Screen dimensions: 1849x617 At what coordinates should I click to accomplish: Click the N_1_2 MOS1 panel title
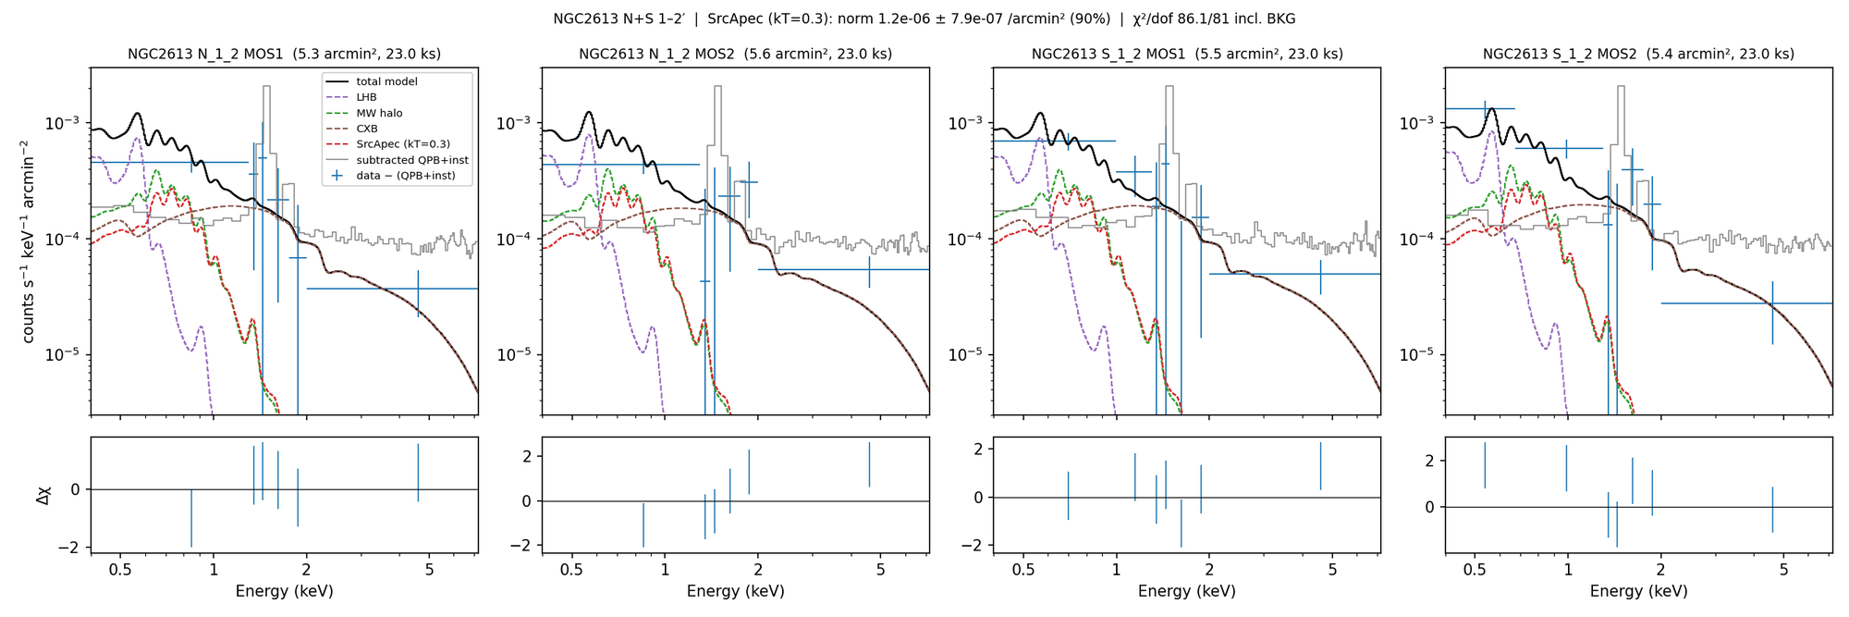[x=284, y=55]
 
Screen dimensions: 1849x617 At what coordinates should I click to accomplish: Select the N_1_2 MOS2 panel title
[x=736, y=55]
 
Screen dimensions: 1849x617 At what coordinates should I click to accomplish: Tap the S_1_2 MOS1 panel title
[x=1187, y=55]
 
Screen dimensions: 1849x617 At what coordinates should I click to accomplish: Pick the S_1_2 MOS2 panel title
[x=1638, y=55]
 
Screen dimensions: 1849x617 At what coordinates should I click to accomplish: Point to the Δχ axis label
[x=43, y=496]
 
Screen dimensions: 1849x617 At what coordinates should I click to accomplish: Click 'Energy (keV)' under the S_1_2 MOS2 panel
[x=1638, y=591]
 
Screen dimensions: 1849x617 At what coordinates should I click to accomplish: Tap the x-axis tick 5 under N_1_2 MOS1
[x=429, y=570]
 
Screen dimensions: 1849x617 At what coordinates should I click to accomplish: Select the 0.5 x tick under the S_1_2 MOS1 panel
[x=1023, y=570]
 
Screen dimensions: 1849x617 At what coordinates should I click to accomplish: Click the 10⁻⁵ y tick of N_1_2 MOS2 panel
[x=516, y=355]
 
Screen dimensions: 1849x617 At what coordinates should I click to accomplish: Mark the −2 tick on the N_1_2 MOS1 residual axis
[x=68, y=548]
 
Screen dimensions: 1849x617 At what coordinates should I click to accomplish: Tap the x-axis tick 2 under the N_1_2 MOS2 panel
[x=758, y=570]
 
